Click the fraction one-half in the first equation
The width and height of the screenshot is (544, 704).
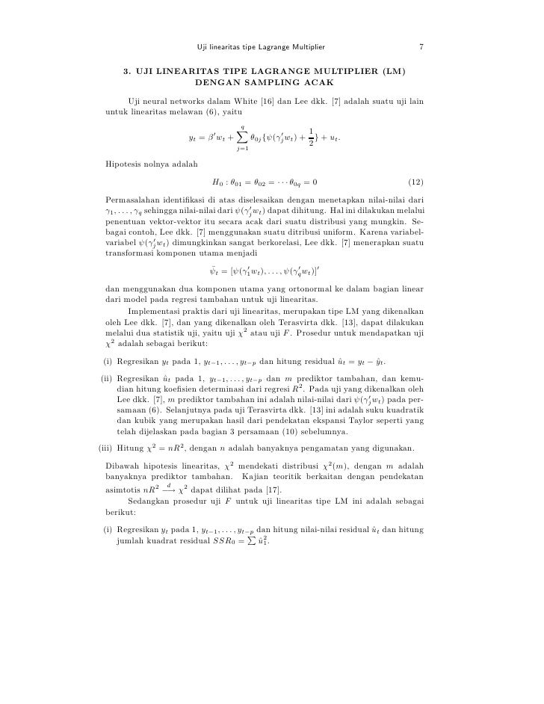tap(311, 138)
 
